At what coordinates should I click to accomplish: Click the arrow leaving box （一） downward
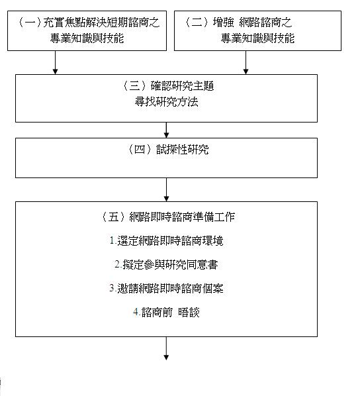(55, 62)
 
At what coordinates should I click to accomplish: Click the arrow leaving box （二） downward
(246, 62)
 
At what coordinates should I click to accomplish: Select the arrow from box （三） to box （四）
(166, 130)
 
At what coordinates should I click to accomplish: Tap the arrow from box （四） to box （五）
(166, 189)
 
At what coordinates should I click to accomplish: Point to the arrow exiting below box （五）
(166, 348)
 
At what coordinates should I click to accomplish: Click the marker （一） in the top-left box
(30, 23)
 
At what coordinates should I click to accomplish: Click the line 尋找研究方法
(166, 102)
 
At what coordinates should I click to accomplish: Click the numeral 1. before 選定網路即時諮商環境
(113, 240)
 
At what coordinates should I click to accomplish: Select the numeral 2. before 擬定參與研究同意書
(118, 264)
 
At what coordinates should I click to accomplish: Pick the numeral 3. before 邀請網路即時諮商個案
(113, 288)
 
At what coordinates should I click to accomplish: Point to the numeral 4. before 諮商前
(137, 312)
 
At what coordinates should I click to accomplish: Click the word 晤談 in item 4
(189, 313)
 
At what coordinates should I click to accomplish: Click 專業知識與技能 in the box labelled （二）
(257, 38)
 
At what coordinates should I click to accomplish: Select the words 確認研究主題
(183, 86)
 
